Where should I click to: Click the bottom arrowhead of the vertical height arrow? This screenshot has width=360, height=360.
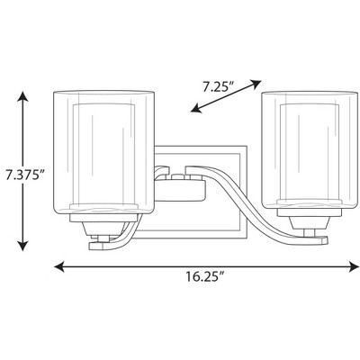(25, 247)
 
